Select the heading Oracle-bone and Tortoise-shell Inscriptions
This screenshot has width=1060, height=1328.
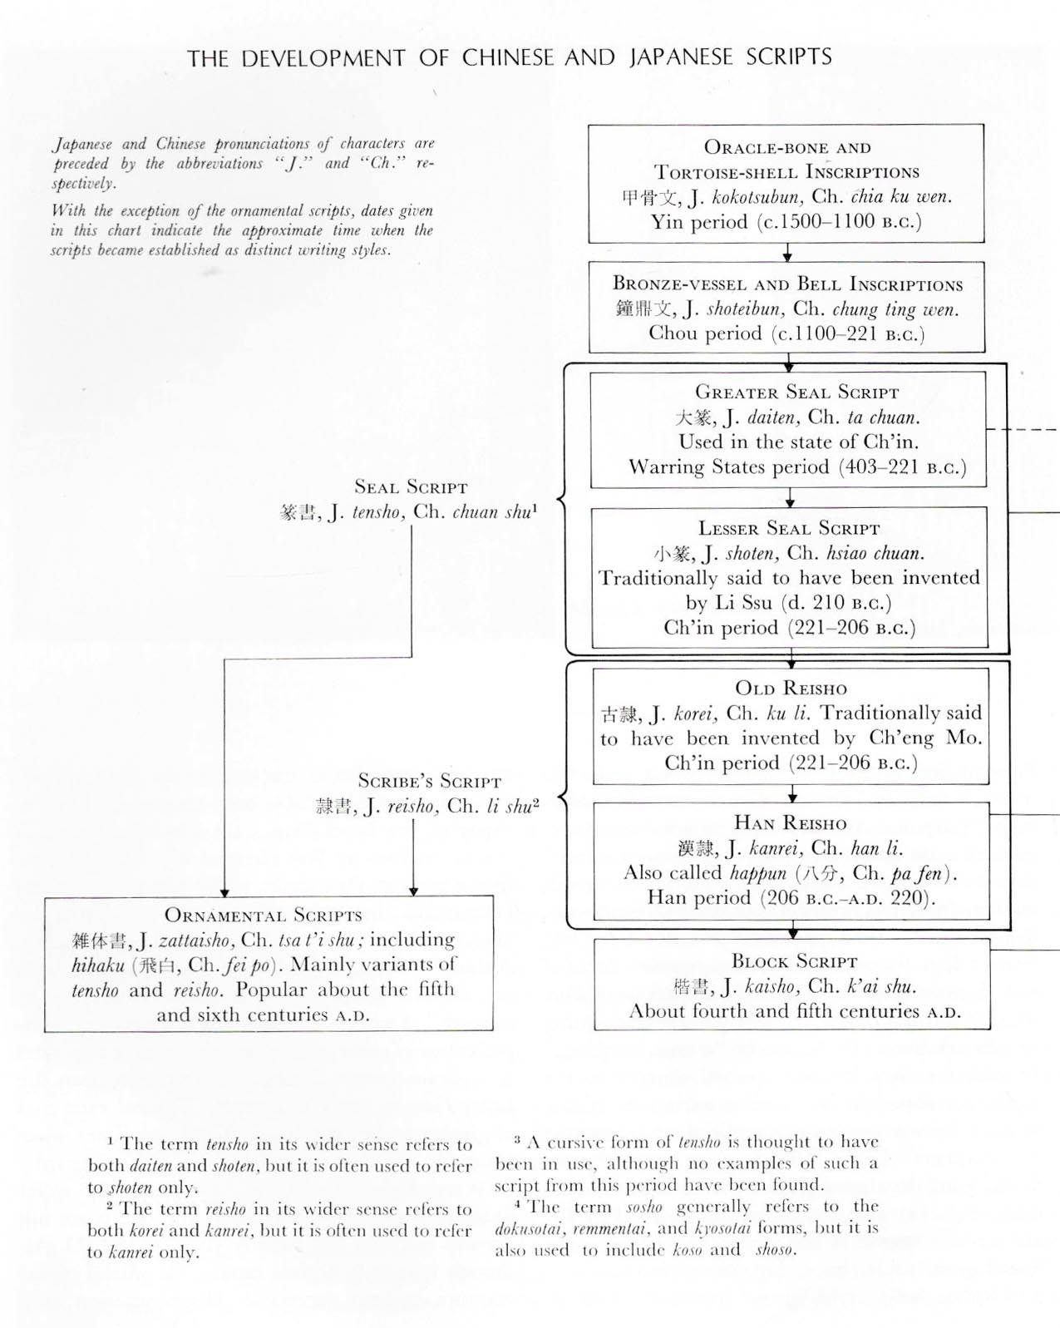coord(786,160)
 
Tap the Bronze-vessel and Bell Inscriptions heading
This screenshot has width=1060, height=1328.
coord(787,284)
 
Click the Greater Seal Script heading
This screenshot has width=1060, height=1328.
coord(796,392)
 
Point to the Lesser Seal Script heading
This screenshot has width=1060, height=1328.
coord(788,528)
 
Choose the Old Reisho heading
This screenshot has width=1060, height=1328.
coord(791,689)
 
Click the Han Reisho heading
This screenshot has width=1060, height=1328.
coord(790,823)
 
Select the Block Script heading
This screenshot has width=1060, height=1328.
coord(794,962)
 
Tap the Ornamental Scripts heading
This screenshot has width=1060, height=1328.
coord(264,916)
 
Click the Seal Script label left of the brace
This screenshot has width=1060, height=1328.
coord(411,487)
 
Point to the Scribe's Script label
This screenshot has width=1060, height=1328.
coord(430,782)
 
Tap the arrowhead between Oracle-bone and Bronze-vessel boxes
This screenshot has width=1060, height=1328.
coord(787,256)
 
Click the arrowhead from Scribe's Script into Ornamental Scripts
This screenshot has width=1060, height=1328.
coord(413,891)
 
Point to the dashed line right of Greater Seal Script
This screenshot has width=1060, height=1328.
coord(1023,429)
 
